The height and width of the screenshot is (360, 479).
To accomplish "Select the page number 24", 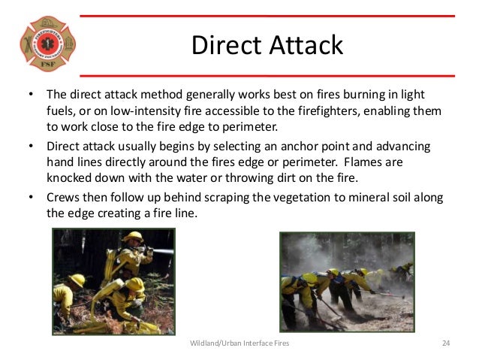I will [445, 343].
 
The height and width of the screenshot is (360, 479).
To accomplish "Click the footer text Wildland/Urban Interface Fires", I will [239, 343].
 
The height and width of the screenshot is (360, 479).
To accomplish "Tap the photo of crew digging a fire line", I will [348, 281].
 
